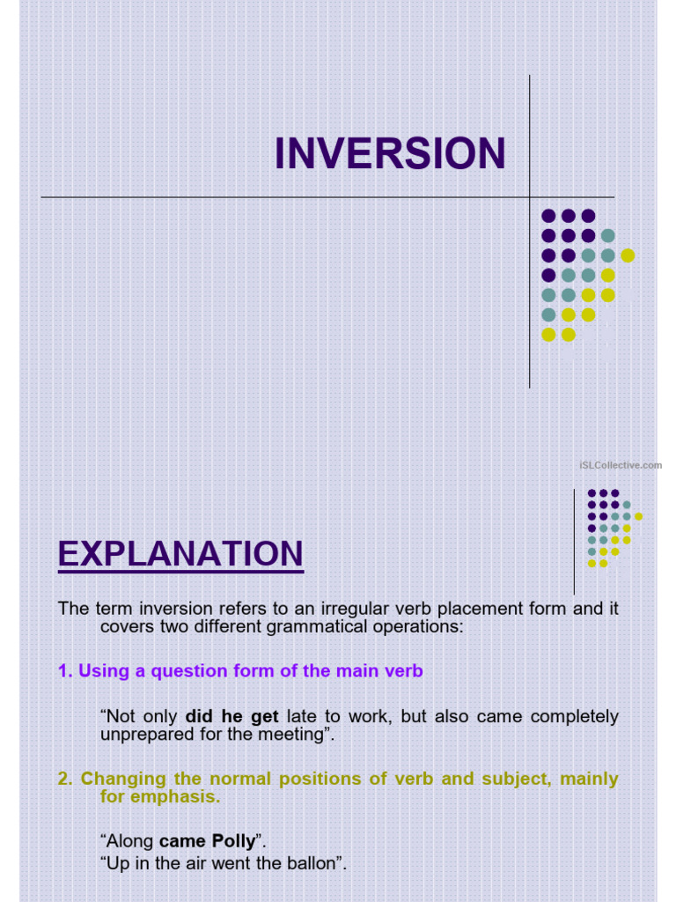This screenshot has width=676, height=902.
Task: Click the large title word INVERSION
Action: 390,154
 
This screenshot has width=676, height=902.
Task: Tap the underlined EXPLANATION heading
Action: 180,554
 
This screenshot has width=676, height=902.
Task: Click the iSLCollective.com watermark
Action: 621,465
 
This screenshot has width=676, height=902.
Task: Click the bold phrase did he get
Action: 231,717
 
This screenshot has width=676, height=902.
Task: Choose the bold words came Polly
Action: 207,841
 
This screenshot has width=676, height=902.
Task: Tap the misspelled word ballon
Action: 316,863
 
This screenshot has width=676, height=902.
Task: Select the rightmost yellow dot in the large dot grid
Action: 628,255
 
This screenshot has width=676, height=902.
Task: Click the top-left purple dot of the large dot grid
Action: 548,216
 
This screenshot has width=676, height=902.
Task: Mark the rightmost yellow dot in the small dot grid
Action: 638,516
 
